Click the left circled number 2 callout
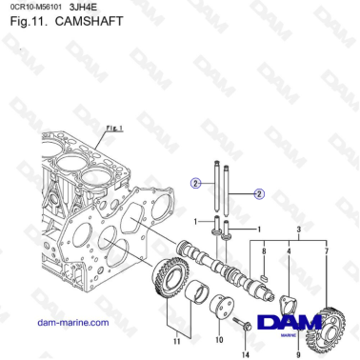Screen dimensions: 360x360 pyautogui.click(x=194, y=181)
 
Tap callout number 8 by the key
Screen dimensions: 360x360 pyautogui.click(x=264, y=251)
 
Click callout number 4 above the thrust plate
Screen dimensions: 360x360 pyautogui.click(x=290, y=251)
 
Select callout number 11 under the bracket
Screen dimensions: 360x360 pyautogui.click(x=175, y=338)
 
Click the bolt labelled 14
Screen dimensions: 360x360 pyautogui.click(x=245, y=327)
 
